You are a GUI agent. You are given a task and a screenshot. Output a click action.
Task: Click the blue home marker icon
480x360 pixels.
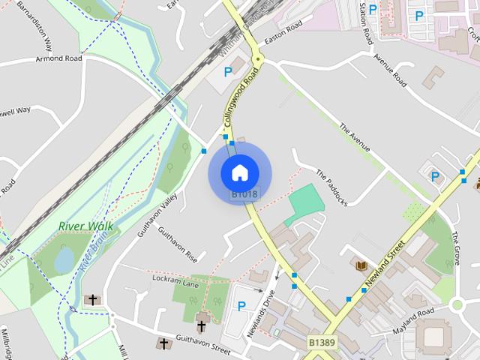239,172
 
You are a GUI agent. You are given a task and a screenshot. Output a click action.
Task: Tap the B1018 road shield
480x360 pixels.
244,194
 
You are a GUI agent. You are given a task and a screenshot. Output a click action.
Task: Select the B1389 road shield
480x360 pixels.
322,342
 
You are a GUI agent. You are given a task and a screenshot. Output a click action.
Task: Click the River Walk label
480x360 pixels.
85,226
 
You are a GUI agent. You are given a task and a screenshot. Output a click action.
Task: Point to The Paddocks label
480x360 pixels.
331,187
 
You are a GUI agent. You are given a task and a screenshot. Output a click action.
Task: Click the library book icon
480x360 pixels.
361,265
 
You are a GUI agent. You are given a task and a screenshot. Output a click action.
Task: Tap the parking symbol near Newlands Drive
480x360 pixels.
241,305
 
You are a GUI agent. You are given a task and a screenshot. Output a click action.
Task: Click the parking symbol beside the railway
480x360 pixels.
228,73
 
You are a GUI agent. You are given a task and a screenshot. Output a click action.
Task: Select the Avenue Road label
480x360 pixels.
388,65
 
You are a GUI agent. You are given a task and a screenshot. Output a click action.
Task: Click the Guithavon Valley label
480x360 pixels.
157,214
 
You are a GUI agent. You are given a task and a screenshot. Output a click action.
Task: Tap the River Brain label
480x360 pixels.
93,253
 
